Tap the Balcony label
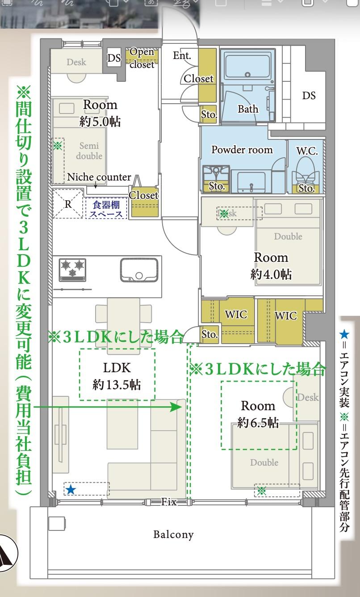click(173, 534)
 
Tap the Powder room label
click(242, 149)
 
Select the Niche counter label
click(99, 177)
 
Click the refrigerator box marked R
click(68, 204)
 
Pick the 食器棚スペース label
click(106, 209)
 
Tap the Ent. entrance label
click(182, 55)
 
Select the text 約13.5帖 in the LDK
click(117, 384)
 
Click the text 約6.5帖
click(258, 422)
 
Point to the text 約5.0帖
click(100, 121)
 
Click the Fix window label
click(169, 502)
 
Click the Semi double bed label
click(89, 151)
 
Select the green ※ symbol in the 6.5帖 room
click(262, 491)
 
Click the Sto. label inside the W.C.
click(306, 188)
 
